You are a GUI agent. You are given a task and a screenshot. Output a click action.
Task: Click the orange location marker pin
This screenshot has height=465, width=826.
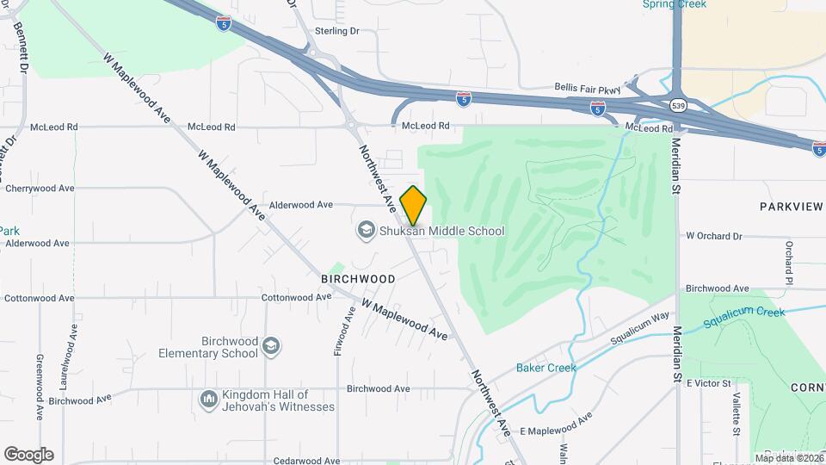coord(413,205)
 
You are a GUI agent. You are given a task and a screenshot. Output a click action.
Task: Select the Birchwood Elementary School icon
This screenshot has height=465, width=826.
coord(272,346)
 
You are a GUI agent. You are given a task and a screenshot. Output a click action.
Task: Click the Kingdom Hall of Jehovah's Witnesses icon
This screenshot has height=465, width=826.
coord(208,400)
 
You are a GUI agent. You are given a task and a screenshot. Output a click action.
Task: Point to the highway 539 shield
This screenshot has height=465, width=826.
coord(678,106)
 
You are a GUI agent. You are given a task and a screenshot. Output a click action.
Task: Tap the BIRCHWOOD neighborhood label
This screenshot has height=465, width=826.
coord(358,279)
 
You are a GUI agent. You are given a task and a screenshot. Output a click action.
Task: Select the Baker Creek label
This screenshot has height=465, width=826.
coord(546,368)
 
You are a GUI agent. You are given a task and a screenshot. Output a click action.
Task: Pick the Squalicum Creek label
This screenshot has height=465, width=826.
coord(744,318)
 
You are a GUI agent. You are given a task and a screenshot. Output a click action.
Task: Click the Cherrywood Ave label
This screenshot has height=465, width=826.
coord(40,188)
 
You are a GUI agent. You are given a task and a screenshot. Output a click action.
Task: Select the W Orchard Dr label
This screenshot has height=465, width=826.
coord(713,236)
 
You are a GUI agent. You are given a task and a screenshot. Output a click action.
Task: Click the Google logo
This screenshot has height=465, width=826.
coord(28,455)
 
